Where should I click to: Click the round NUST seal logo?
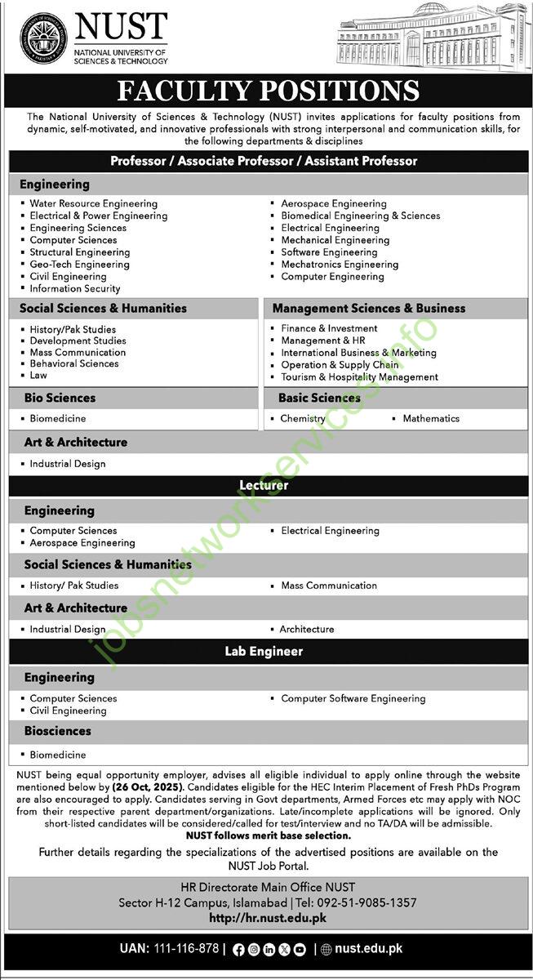(x=43, y=38)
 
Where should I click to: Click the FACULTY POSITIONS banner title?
(x=268, y=91)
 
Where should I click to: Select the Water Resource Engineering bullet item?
(x=93, y=203)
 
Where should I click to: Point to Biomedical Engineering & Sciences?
(x=360, y=216)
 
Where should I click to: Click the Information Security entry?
(x=75, y=288)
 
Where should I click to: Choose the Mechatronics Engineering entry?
(x=340, y=264)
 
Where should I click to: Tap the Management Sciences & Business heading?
(x=369, y=308)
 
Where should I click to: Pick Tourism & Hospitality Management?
(x=359, y=376)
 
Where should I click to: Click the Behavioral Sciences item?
(x=74, y=363)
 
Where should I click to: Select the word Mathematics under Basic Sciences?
(x=431, y=418)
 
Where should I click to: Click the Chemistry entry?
(x=303, y=418)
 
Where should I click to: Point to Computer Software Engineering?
(x=353, y=698)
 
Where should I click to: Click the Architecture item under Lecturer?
(x=307, y=629)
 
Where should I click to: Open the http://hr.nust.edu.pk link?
(x=268, y=918)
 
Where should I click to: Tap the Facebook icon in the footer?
(x=238, y=950)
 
